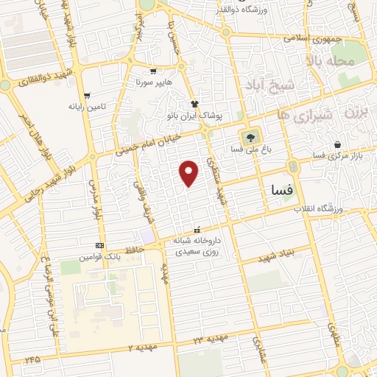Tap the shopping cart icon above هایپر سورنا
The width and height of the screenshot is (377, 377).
[x=153, y=71]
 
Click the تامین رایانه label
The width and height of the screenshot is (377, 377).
[x=88, y=107]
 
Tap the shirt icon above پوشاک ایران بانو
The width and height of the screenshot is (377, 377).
[x=194, y=104]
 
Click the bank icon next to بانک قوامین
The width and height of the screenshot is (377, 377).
[x=100, y=245]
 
